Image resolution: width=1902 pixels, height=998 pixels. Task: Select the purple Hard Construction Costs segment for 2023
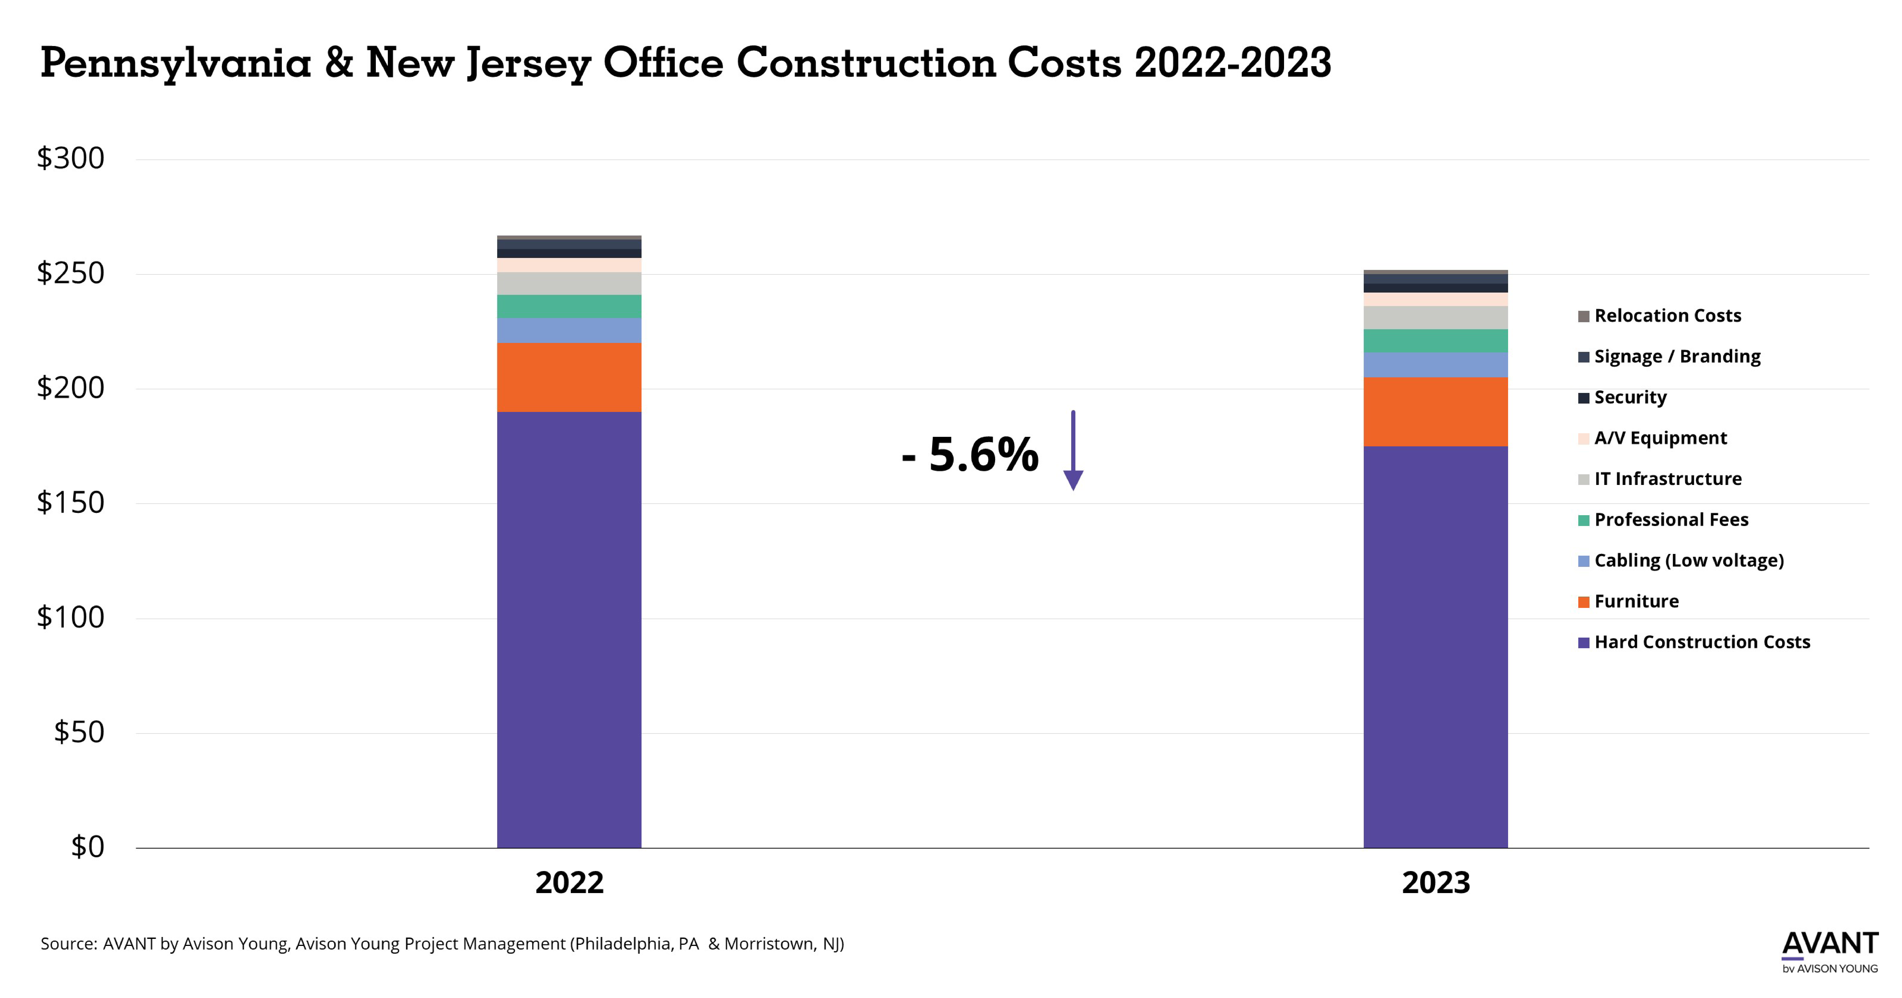(x=1435, y=647)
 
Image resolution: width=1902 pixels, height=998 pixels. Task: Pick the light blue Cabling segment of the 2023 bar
(x=1435, y=365)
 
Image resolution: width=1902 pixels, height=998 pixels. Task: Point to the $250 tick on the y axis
(x=71, y=273)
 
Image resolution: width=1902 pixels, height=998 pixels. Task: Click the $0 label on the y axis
(x=87, y=847)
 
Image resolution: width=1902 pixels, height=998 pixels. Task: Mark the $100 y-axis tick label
(x=71, y=617)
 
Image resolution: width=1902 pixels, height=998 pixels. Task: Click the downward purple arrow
(x=1073, y=450)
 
